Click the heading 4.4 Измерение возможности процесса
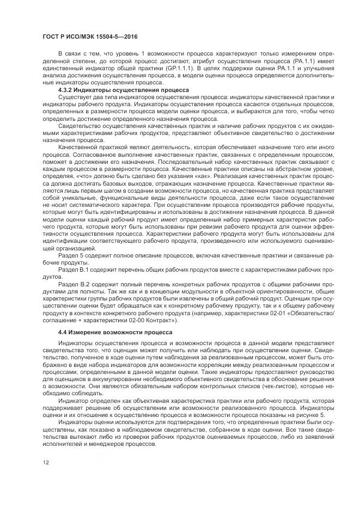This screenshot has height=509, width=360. click(115, 332)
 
